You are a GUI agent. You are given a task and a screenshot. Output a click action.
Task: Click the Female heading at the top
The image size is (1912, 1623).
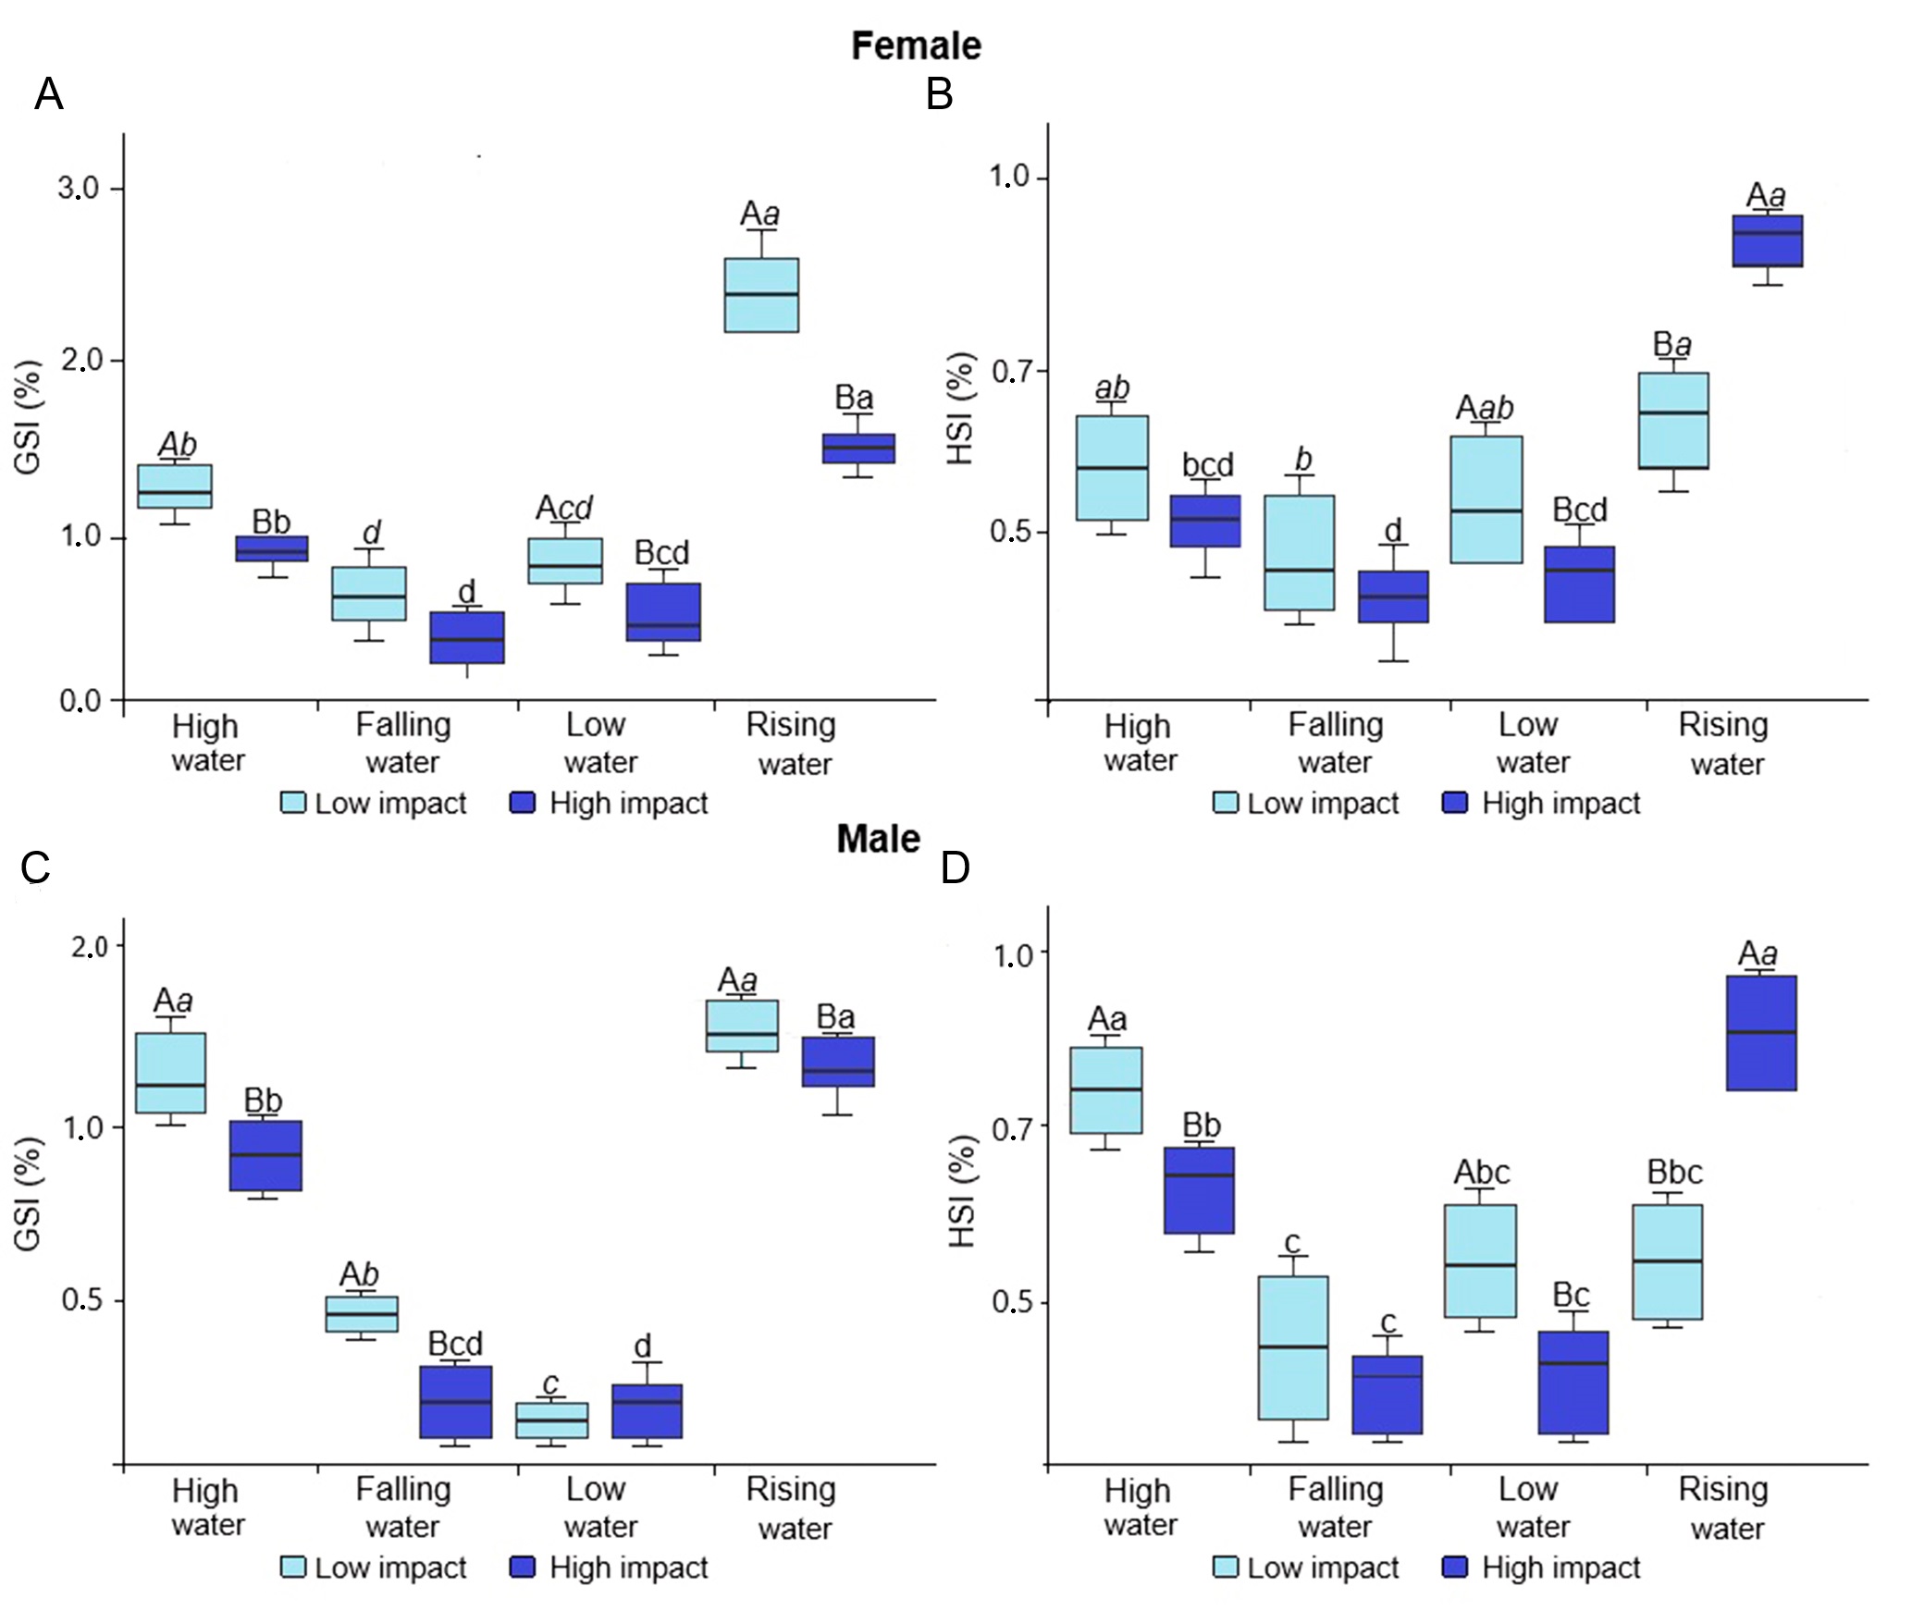(x=916, y=46)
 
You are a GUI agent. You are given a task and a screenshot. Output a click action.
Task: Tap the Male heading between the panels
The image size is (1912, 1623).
(x=878, y=839)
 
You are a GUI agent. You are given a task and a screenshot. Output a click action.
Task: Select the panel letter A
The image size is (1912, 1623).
(x=49, y=94)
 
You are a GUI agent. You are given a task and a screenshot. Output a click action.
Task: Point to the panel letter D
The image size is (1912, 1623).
(x=956, y=868)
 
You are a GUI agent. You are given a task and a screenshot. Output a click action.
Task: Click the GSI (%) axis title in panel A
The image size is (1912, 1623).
(x=29, y=417)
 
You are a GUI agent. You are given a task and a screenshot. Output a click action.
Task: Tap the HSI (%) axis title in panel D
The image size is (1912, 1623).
(x=963, y=1191)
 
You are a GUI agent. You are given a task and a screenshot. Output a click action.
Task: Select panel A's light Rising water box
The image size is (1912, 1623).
(x=760, y=295)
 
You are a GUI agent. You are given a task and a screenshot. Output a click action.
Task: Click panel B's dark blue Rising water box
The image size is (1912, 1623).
(x=1767, y=241)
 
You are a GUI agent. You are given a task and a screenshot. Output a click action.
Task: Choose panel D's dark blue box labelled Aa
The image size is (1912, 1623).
(x=1761, y=1033)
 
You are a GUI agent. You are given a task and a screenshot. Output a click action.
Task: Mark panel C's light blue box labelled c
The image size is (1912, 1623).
(x=551, y=1420)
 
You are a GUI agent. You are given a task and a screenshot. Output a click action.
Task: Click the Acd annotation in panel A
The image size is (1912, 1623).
(x=564, y=508)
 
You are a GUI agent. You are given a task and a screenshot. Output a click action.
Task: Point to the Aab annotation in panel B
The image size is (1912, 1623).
(x=1484, y=408)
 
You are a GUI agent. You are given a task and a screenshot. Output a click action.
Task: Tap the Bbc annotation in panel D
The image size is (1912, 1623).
(x=1674, y=1173)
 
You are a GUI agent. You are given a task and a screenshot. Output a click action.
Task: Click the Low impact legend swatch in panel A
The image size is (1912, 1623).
(x=293, y=803)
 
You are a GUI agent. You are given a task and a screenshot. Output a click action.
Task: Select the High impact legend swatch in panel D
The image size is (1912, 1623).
(x=1455, y=1568)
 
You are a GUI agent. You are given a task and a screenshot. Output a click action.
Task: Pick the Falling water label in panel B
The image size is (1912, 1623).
(x=1335, y=743)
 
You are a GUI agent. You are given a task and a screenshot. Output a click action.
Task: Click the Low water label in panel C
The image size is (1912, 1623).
(x=598, y=1507)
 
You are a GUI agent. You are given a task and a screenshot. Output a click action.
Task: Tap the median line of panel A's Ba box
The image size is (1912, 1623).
(x=858, y=448)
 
